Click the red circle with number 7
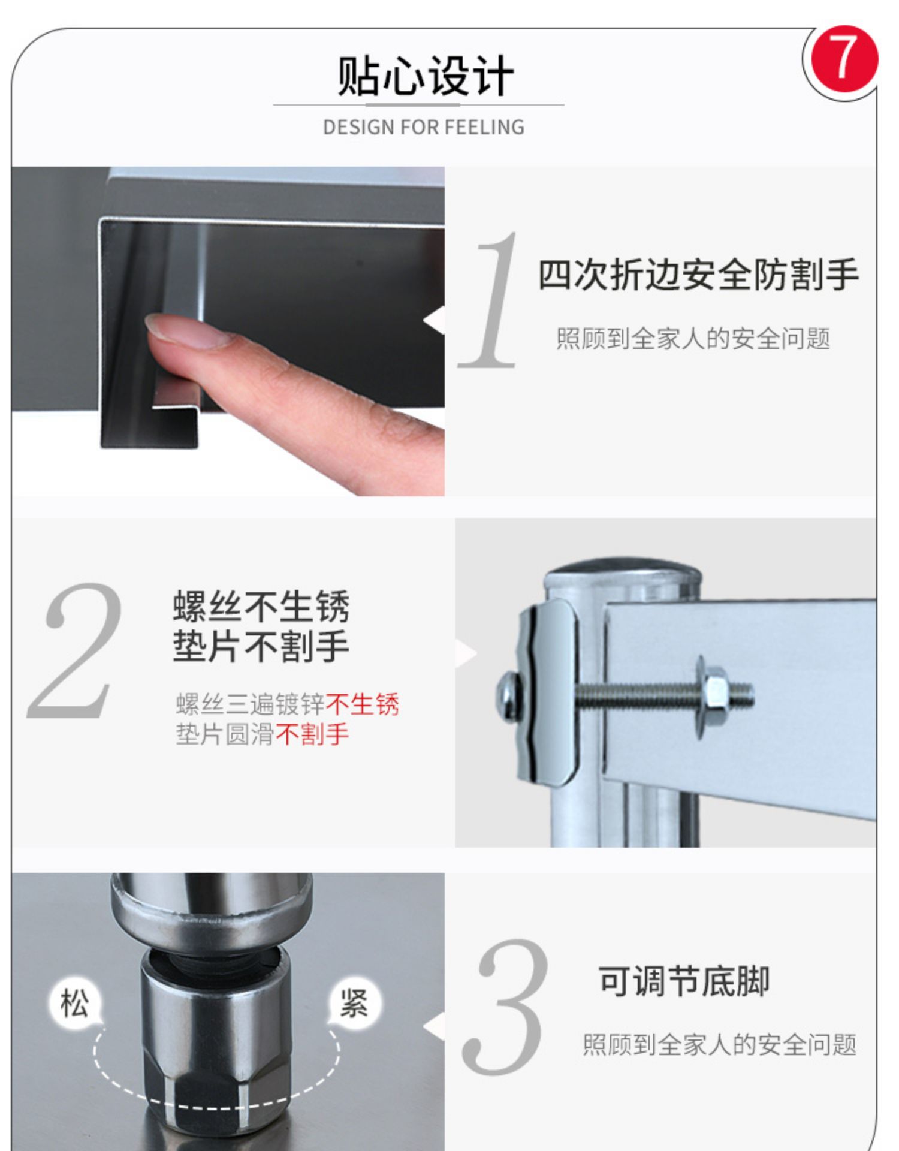844,59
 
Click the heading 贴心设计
425,77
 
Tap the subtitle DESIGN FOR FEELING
424,128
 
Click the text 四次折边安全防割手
698,275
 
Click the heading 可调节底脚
684,981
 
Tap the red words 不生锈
363,704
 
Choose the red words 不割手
312,734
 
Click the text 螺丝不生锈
261,606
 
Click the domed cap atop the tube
623,573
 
